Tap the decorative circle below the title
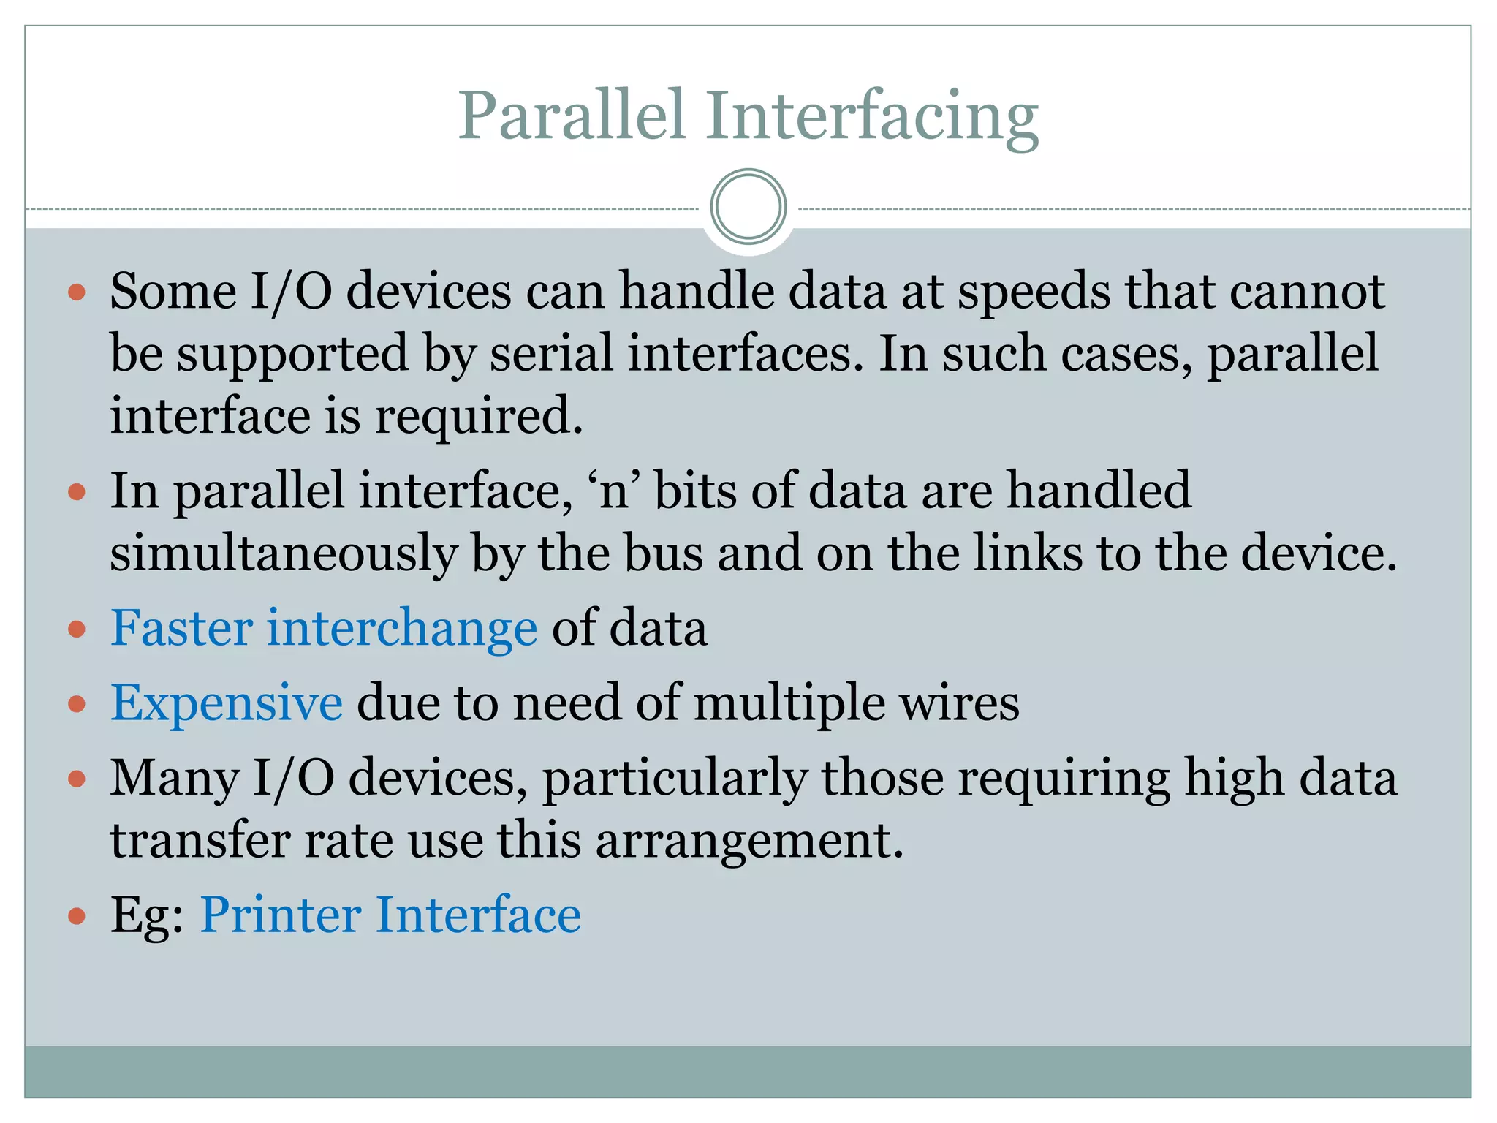[x=748, y=207]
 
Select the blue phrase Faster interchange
[x=324, y=628]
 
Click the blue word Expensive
[x=227, y=703]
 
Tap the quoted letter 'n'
[x=614, y=491]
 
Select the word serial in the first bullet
[x=551, y=354]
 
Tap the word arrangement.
[x=749, y=841]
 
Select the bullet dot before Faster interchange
[x=77, y=629]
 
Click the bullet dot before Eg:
[x=77, y=915]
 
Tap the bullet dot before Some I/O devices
[x=77, y=293]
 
